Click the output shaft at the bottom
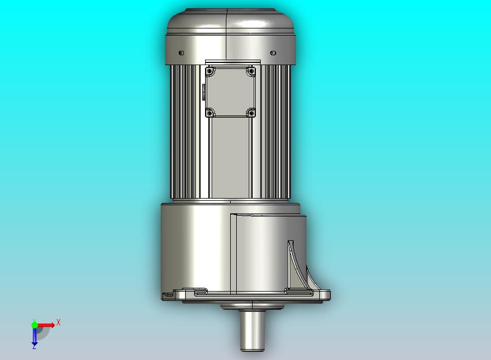tap(252, 330)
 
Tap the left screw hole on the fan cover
tap(182, 53)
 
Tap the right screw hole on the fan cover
tap(273, 53)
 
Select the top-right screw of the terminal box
tap(251, 72)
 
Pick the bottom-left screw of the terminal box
tap(209, 113)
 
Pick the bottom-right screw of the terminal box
tap(251, 113)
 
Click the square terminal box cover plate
tap(231, 92)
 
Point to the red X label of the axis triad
tap(59, 322)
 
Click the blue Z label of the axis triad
tap(34, 346)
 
